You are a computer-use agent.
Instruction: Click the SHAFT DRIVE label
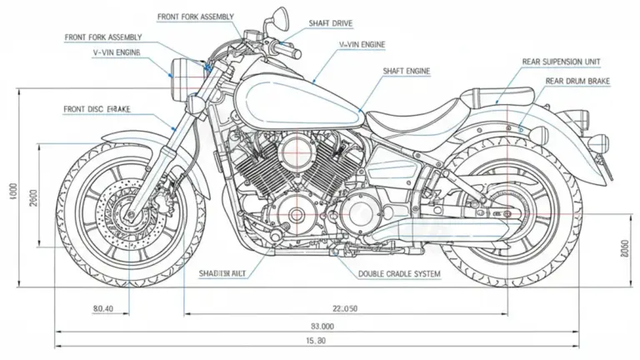[x=331, y=24]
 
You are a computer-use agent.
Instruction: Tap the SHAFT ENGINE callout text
[x=406, y=72]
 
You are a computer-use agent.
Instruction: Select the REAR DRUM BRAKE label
[x=577, y=81]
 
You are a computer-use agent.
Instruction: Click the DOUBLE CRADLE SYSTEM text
[x=399, y=274]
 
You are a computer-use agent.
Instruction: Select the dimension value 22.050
[x=344, y=308]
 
